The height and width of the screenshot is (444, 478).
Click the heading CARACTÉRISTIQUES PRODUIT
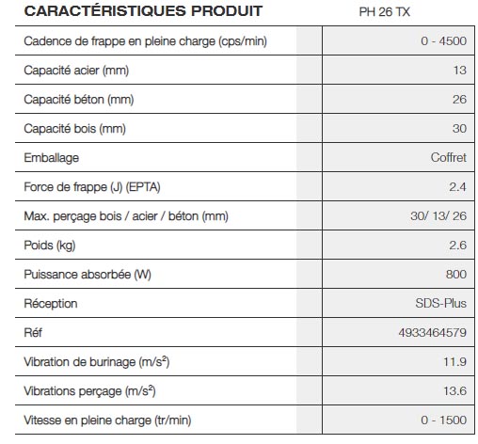tap(131, 11)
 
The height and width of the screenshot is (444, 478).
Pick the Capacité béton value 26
tap(458, 100)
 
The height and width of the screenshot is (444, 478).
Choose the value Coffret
tap(447, 158)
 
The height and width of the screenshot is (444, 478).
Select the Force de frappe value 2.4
tap(456, 187)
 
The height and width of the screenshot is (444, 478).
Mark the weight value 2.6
tap(456, 246)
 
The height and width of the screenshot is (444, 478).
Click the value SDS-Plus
tap(439, 304)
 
